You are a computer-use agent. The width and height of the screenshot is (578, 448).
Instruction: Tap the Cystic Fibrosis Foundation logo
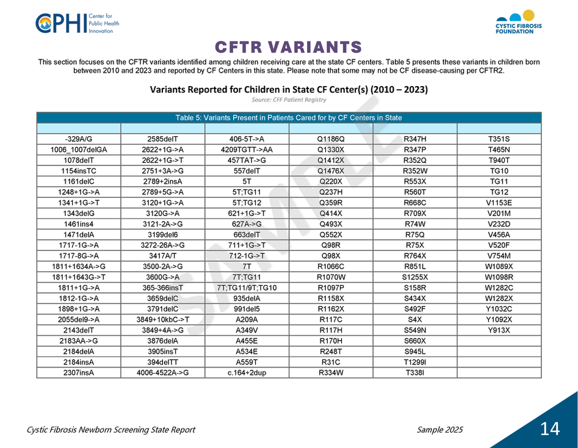coord(518,23)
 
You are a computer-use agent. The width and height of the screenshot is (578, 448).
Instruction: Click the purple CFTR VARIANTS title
coord(289,47)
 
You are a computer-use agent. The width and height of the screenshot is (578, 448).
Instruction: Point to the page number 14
coord(549,429)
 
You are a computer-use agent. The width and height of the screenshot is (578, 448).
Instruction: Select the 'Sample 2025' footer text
coord(439,430)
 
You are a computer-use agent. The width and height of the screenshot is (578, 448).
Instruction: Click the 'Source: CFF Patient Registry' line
coord(289,99)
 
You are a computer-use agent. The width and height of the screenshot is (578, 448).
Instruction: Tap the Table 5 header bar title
coord(289,118)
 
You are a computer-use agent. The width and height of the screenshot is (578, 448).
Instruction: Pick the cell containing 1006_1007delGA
coord(79,150)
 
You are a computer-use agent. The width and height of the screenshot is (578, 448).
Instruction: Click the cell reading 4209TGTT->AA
coord(247,150)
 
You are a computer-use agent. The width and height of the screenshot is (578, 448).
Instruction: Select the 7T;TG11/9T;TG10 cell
coord(247,288)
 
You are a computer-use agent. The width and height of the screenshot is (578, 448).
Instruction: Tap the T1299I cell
coord(415,361)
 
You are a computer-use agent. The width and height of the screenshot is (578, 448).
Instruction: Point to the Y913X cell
coord(499,330)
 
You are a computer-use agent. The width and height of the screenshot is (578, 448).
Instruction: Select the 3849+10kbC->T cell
coord(163,319)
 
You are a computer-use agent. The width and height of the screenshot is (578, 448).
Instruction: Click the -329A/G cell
coord(79,139)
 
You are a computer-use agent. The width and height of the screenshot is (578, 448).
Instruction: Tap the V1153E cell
coord(499,203)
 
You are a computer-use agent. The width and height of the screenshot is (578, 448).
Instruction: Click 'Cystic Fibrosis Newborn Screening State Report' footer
coord(111,430)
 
